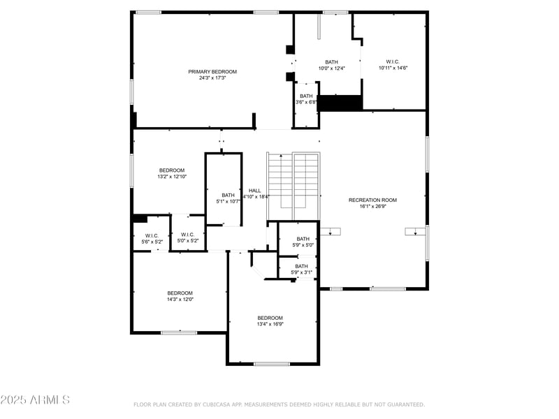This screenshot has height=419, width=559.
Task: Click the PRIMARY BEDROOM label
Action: point(212,71)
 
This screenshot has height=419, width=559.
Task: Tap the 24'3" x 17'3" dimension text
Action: point(212,78)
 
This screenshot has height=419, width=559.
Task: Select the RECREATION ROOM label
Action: point(372,200)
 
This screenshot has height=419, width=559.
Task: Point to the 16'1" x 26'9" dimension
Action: point(372,206)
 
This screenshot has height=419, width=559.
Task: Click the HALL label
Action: point(255,190)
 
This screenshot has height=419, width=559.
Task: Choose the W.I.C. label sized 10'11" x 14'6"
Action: point(393,61)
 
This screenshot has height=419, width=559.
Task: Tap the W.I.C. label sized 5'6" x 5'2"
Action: point(152,235)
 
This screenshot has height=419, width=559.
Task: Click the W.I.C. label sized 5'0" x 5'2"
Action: point(187,235)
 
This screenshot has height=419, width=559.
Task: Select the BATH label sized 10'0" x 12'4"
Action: point(331,62)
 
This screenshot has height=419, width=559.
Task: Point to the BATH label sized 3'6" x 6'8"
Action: point(306,96)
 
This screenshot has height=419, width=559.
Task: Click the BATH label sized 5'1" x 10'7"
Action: point(228,195)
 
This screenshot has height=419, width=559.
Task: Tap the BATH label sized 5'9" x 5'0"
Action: point(303,239)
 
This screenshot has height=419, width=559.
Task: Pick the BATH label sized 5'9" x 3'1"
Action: point(302,266)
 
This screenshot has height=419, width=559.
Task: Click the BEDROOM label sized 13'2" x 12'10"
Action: point(171,170)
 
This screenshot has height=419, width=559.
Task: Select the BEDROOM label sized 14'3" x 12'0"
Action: point(180,293)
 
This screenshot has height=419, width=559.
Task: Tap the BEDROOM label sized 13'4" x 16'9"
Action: point(270,317)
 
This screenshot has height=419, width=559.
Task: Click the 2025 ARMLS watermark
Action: point(35,400)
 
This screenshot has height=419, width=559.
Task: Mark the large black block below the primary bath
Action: point(340,103)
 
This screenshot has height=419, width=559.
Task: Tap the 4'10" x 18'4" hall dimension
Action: point(256,196)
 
